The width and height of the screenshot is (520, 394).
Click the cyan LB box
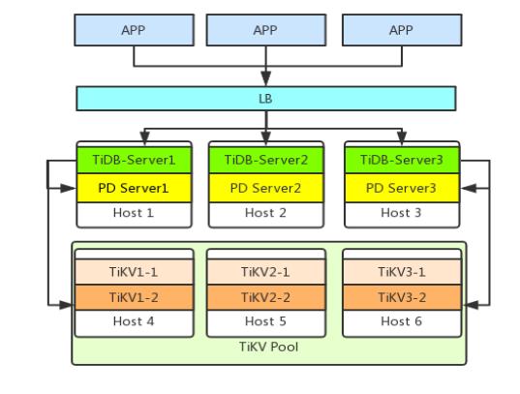coord(266,99)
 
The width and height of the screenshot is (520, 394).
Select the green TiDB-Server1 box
coord(134,160)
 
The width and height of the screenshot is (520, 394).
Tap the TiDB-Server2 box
coord(266,160)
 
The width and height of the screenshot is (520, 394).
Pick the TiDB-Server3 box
coord(402,160)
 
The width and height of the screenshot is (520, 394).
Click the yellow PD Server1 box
coord(134,188)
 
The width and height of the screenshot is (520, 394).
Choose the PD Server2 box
coord(266,188)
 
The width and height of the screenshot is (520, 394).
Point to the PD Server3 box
coord(402,188)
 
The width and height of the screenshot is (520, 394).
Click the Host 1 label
coord(134,213)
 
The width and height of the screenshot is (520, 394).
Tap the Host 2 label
coord(265,213)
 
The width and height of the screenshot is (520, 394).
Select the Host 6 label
coord(401,321)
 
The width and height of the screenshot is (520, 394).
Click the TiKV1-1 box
coord(135,272)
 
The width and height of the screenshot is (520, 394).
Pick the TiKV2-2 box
coord(266,297)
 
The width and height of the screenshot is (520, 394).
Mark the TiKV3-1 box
coord(402,272)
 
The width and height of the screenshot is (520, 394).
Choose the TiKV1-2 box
coord(135,297)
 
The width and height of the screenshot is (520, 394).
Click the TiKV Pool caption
coord(268,347)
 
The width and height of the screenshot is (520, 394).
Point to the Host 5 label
coord(265,321)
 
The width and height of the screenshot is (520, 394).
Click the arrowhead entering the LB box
coord(266,78)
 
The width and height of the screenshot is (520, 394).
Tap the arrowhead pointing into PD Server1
coord(68,189)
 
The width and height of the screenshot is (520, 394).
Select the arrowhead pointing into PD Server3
coord(469,189)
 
